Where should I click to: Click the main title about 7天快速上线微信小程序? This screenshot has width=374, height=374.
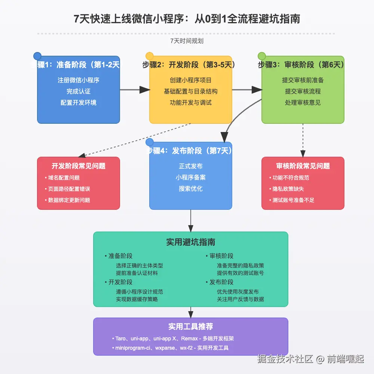[187, 19]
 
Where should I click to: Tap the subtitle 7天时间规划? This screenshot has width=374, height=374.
[187, 41]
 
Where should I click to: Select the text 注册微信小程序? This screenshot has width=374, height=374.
[79, 80]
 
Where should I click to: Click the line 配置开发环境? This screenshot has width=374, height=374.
[79, 102]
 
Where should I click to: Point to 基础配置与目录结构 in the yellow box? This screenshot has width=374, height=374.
[191, 91]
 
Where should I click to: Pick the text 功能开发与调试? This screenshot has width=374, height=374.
[191, 102]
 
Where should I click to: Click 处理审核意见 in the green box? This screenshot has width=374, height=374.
[303, 102]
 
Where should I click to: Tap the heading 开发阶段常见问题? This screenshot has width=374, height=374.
[79, 166]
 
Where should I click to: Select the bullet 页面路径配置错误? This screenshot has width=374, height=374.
[69, 189]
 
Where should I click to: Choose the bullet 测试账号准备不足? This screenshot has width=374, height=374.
[294, 200]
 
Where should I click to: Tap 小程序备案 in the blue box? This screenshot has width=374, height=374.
[191, 177]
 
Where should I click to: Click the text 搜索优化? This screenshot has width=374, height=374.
[191, 188]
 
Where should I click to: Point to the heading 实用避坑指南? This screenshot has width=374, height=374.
[191, 242]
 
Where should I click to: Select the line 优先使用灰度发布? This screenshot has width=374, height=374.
[238, 292]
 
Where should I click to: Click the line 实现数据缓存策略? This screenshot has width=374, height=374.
[137, 299]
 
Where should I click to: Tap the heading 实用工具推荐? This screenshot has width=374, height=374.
[191, 327]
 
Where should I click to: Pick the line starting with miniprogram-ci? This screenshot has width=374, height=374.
[172, 348]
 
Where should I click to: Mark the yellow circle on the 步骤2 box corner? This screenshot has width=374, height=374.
[150, 56]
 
